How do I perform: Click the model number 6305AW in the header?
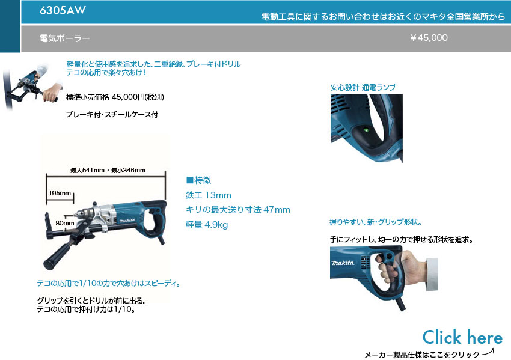[x=63, y=10]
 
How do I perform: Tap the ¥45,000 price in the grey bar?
[x=429, y=38]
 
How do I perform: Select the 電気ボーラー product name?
[x=64, y=38]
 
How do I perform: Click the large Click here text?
[x=462, y=337]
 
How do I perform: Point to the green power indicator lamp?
[x=366, y=130]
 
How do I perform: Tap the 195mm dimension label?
[x=60, y=193]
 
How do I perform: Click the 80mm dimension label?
[x=64, y=223]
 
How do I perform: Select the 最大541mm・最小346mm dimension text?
[x=108, y=170]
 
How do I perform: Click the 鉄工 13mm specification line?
[x=209, y=195]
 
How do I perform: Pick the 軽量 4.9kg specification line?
[x=207, y=224]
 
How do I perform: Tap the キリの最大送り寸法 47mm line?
[x=238, y=210]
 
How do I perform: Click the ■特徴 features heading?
[x=199, y=180]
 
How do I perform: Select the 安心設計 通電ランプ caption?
[x=363, y=87]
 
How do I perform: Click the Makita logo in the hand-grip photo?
[x=343, y=263]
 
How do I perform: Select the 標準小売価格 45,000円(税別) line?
[x=115, y=97]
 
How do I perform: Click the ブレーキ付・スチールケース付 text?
[x=112, y=114]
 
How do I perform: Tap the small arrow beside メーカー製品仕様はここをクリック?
[x=488, y=352]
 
